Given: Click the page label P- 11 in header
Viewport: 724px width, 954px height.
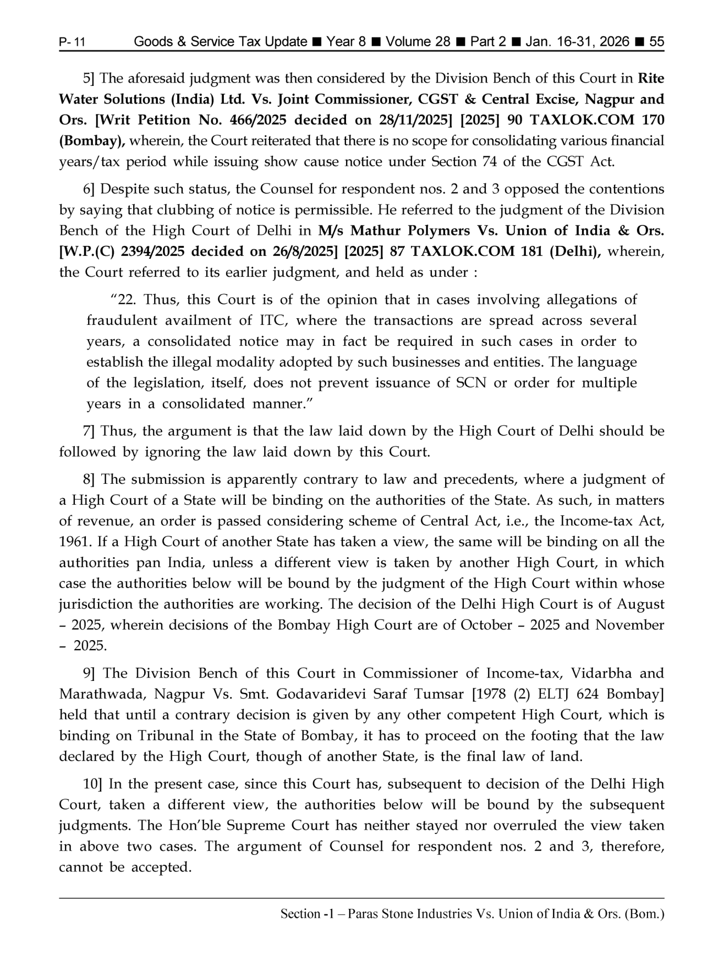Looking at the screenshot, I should pos(72,42).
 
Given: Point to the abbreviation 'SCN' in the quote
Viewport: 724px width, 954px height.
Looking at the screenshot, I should pos(471,383).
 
